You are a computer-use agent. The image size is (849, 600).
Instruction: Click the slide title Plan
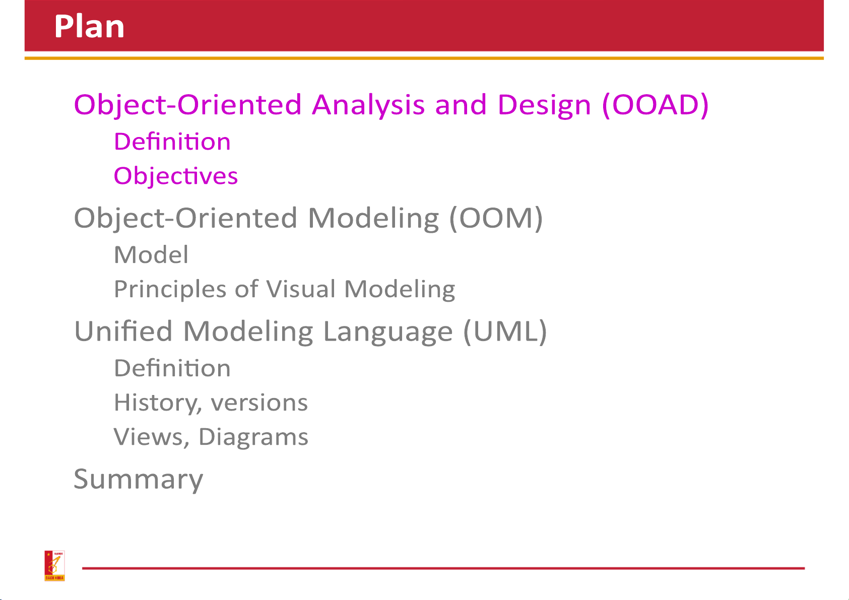click(90, 26)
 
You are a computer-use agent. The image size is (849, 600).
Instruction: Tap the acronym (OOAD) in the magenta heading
click(656, 105)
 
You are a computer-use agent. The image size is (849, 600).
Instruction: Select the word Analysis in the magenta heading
click(368, 105)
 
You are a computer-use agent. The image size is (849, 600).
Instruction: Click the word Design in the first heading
click(544, 105)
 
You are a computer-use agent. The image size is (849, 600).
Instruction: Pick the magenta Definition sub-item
click(172, 142)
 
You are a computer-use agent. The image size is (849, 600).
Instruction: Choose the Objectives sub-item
click(176, 176)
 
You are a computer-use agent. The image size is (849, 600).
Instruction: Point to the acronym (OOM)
click(496, 218)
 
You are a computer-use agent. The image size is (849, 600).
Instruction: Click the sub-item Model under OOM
click(151, 254)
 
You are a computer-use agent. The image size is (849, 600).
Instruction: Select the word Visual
click(301, 289)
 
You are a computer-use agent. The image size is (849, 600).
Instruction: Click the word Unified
click(123, 331)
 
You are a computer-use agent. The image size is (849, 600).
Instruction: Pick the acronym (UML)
click(505, 331)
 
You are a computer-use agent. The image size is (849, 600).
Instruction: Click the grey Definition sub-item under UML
click(172, 368)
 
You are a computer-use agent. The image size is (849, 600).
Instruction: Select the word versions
click(259, 403)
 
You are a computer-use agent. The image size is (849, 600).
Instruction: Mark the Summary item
click(139, 480)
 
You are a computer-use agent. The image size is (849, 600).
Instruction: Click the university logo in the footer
click(54, 566)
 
